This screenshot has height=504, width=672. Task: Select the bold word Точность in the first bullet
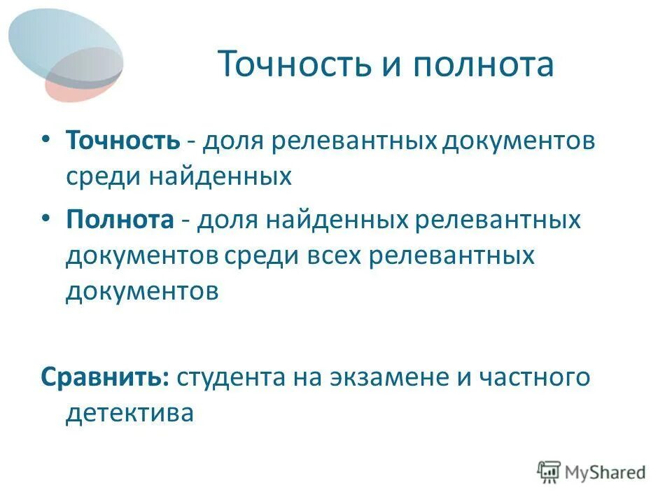pos(123,140)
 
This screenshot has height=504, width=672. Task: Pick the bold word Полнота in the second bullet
pos(120,220)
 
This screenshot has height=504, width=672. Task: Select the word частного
pos(535,377)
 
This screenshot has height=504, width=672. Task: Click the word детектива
pos(129,413)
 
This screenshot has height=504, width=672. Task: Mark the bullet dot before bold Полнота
pos(45,219)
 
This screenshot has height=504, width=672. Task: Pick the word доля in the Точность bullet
pos(234,140)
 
